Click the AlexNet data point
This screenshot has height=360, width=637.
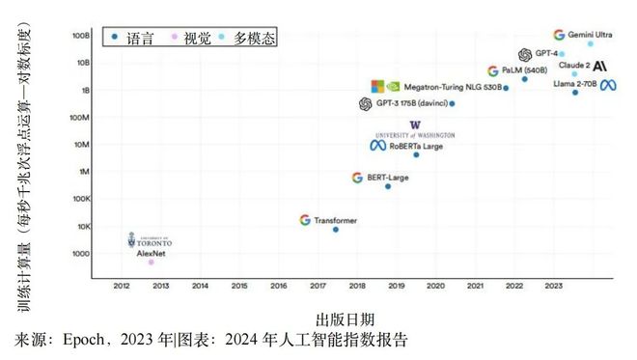[x=151, y=262]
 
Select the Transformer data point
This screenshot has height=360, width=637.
[x=336, y=229]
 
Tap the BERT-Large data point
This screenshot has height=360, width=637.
[x=388, y=186]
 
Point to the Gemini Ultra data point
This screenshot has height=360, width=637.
[x=591, y=43]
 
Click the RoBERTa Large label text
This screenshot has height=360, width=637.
[x=416, y=146]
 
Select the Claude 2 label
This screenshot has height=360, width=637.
[x=574, y=66]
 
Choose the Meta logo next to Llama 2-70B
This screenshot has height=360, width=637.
[x=608, y=85]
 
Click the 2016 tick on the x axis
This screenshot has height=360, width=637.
[x=279, y=286]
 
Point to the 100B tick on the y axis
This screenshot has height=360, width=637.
[x=80, y=35]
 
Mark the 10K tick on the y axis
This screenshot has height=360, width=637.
[x=82, y=226]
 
